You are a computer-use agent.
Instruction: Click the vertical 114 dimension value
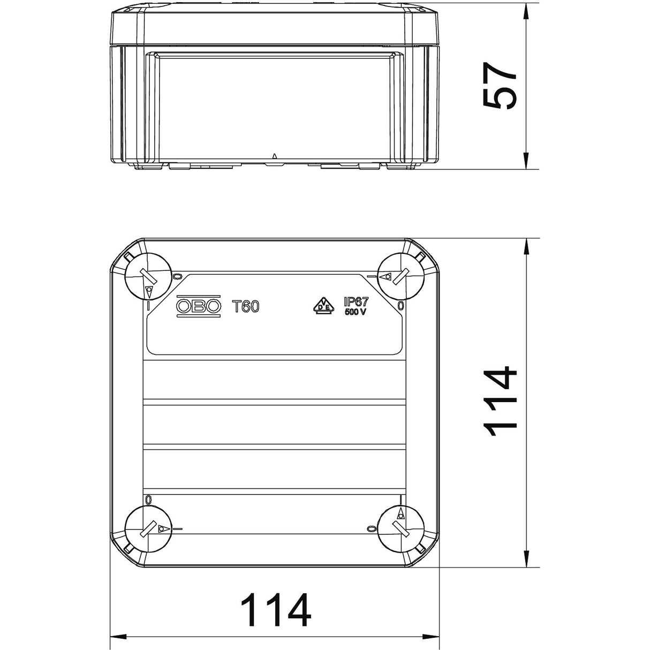click(500, 402)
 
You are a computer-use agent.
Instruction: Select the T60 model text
click(246, 306)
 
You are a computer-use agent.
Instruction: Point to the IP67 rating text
click(356, 301)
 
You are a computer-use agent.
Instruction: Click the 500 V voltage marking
click(355, 312)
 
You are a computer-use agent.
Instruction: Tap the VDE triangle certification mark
click(324, 306)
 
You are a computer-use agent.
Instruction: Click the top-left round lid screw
click(148, 276)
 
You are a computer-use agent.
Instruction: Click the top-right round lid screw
click(400, 276)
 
